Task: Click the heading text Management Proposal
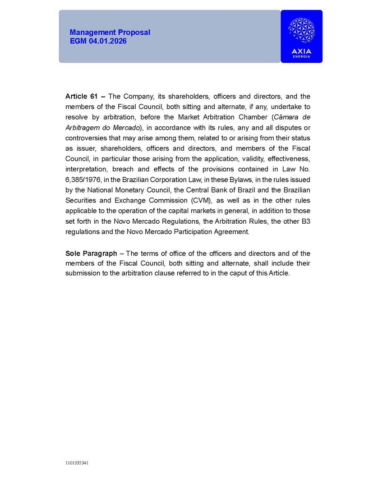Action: pyautogui.click(x=110, y=32)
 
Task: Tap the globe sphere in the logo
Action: pyautogui.click(x=301, y=30)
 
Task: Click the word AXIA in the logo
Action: pyautogui.click(x=301, y=51)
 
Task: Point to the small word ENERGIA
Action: pyautogui.click(x=301, y=57)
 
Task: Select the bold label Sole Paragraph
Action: pyautogui.click(x=91, y=254)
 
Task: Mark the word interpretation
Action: pyautogui.click(x=86, y=169)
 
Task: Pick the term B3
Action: pyautogui.click(x=305, y=221)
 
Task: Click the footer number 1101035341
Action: pyautogui.click(x=77, y=463)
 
